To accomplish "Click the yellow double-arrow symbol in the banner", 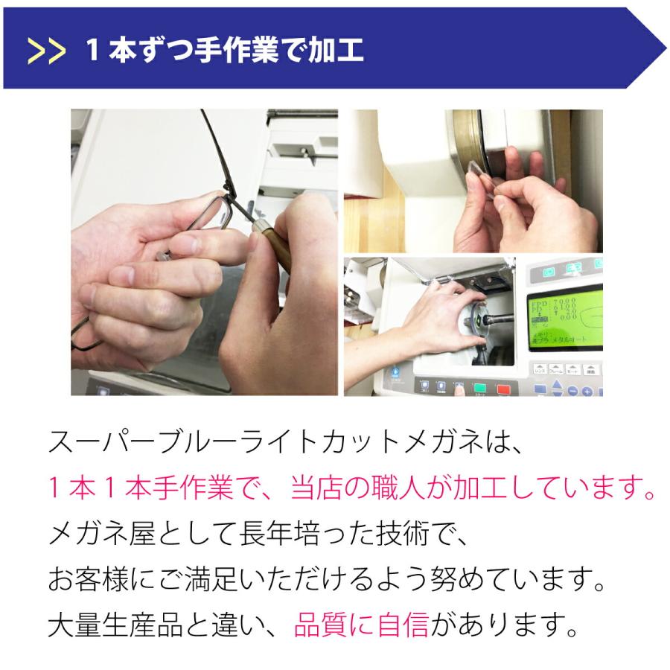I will point(46,52).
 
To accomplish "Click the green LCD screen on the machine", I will point(565,319).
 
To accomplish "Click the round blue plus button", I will point(587,391).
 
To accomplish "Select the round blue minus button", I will point(573,391).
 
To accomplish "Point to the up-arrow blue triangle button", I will point(557,384).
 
